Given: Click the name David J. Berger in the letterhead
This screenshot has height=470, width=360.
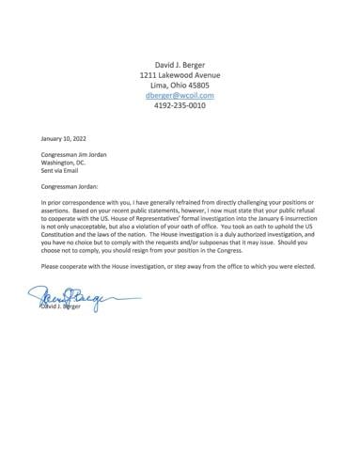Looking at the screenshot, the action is pyautogui.click(x=180, y=61).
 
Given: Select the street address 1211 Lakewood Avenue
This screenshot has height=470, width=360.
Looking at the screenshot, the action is pyautogui.click(x=180, y=72).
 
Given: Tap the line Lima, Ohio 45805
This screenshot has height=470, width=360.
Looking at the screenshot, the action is pyautogui.click(x=180, y=84).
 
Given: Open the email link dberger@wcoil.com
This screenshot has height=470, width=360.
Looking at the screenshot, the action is pyautogui.click(x=180, y=95).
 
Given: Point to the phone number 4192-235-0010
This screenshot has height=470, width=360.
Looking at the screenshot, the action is pyautogui.click(x=180, y=106).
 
